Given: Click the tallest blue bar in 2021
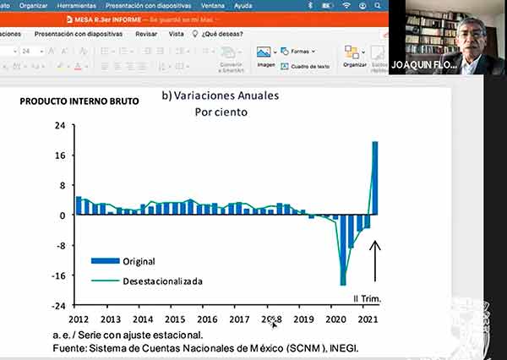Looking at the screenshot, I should tap(375, 178).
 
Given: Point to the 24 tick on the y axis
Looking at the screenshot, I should tap(60, 126).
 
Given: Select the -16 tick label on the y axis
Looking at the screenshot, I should tap(58, 275).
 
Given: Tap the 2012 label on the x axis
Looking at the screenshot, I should tap(79, 319).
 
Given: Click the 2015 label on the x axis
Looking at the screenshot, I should tap(175, 319).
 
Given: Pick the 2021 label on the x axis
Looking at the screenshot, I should tap(368, 319).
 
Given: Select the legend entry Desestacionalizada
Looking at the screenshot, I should tap(162, 281).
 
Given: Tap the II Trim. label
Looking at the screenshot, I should tap(367, 298).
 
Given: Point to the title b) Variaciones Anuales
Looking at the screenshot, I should tap(220, 95).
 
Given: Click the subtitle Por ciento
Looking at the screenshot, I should tap(221, 112).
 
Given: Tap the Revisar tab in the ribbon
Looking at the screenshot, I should tap(146, 34).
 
